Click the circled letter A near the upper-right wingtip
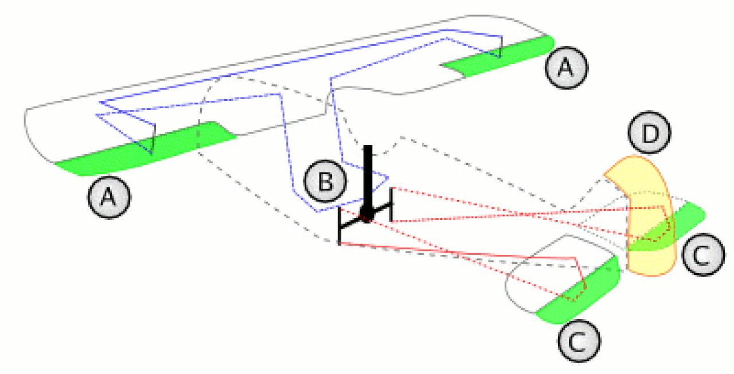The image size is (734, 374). (566, 68)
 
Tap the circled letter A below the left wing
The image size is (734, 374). (108, 197)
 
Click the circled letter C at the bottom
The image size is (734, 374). (578, 341)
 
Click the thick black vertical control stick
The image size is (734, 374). (368, 178)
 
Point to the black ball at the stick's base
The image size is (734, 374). (367, 217)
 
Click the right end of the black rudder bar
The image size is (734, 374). (391, 204)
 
